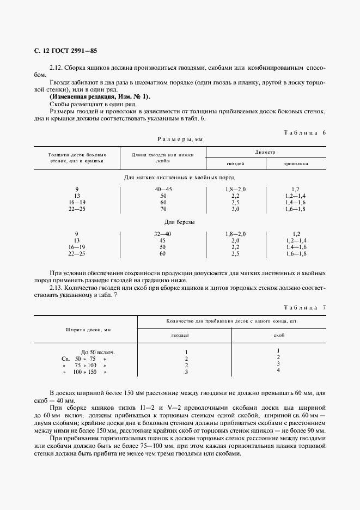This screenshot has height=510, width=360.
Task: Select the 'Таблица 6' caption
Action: [x=305, y=132]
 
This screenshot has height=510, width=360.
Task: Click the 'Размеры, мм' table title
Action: [x=180, y=139]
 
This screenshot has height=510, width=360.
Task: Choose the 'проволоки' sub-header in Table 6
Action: [x=296, y=163]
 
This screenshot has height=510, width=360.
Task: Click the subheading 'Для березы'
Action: [x=180, y=222]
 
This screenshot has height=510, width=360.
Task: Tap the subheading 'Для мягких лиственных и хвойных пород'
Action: [x=180, y=178]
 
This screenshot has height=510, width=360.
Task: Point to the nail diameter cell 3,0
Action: [x=235, y=209]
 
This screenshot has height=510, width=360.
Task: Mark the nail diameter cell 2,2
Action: [x=235, y=196]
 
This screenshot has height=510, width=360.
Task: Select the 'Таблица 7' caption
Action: [x=305, y=308]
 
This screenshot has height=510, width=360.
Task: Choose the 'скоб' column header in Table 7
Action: [x=279, y=335]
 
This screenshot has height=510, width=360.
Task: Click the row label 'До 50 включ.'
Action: [x=97, y=352]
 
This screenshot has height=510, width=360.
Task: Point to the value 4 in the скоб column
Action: [x=278, y=371]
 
